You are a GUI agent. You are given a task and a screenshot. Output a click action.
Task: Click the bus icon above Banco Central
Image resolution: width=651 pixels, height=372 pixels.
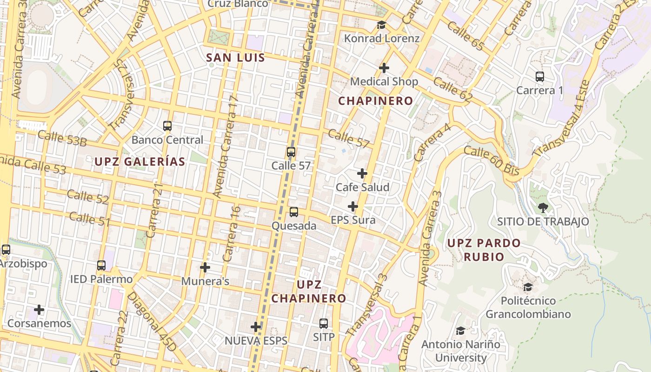(x=167, y=126)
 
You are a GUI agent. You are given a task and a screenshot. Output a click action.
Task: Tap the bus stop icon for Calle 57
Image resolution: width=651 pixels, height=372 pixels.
(x=291, y=152)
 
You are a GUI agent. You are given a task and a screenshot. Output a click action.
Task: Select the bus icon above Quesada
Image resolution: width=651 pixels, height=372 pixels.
(x=294, y=212)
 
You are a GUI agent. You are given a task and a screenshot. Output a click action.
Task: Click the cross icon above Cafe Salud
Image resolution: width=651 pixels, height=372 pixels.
(x=362, y=173)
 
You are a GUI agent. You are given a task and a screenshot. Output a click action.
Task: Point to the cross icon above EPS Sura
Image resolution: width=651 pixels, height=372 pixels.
(x=353, y=206)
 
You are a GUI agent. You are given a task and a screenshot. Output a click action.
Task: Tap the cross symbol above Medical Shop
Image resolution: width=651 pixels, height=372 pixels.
(x=384, y=68)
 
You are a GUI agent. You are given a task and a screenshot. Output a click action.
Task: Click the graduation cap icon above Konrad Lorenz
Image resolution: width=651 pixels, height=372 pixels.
(x=381, y=25)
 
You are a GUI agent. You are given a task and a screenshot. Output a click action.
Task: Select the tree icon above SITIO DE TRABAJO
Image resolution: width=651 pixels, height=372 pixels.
(x=543, y=208)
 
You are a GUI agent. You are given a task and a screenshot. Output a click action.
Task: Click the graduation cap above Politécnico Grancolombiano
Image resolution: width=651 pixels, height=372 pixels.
(x=528, y=287)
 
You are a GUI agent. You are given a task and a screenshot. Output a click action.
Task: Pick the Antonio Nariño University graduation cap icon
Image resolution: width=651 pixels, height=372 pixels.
(x=460, y=331)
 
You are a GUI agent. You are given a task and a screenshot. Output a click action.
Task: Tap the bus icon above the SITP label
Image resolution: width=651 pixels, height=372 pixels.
(x=324, y=323)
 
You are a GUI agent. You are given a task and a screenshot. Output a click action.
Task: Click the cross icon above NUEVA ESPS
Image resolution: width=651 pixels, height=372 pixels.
(x=256, y=327)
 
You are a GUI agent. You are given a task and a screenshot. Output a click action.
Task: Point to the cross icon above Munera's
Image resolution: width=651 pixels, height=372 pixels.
(x=205, y=267)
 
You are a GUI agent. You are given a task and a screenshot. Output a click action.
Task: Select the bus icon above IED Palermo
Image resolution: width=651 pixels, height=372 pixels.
(x=101, y=266)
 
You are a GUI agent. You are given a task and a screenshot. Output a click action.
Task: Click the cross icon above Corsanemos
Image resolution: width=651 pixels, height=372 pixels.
(x=39, y=309)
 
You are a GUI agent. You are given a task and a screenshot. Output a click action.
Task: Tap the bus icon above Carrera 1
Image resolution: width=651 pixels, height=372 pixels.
(x=540, y=77)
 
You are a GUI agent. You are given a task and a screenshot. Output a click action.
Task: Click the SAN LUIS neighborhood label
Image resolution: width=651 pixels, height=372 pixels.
(x=235, y=58)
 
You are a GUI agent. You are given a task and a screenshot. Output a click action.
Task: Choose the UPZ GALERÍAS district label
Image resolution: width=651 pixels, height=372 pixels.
(x=140, y=162)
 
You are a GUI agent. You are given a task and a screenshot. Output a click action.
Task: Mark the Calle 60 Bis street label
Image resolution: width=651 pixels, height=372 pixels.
(x=491, y=161)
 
